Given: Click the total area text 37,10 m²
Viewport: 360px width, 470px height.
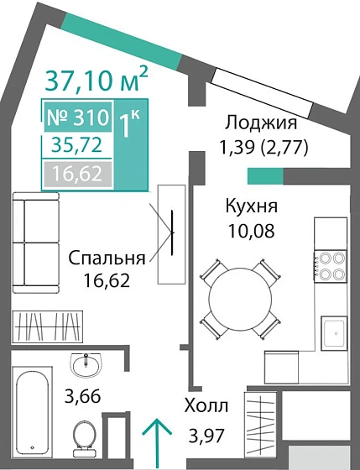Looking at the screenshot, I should click(96, 81).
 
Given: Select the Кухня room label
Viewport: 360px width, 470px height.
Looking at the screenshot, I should click(251, 206).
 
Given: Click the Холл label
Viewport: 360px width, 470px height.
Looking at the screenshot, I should click(206, 407).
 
